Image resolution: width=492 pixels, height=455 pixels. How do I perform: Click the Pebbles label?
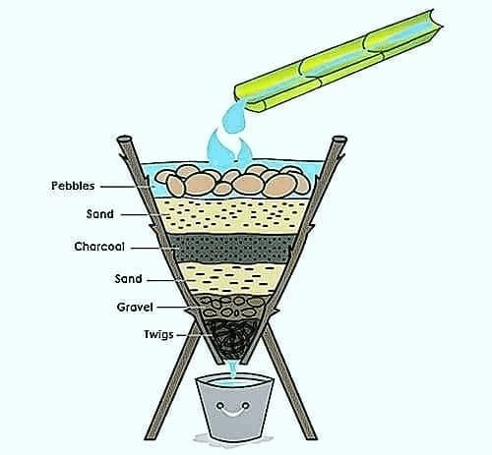point(73,186)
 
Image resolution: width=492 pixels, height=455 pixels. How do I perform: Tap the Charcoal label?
point(99,247)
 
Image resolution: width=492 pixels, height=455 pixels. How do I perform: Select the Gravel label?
point(135,308)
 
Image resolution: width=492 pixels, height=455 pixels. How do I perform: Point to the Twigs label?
point(158,335)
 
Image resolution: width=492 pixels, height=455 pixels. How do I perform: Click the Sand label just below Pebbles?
point(100,214)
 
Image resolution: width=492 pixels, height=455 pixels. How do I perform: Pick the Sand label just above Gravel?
point(128,279)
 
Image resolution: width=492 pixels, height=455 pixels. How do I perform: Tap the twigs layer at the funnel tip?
point(231,337)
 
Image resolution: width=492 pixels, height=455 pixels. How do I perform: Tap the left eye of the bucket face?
point(220,406)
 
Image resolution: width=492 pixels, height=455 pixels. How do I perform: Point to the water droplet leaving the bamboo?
point(233,117)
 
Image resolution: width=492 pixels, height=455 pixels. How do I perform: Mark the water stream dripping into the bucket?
point(233,370)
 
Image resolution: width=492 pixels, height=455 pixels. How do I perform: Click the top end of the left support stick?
point(125,139)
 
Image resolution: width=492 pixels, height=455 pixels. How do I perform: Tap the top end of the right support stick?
point(339,139)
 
